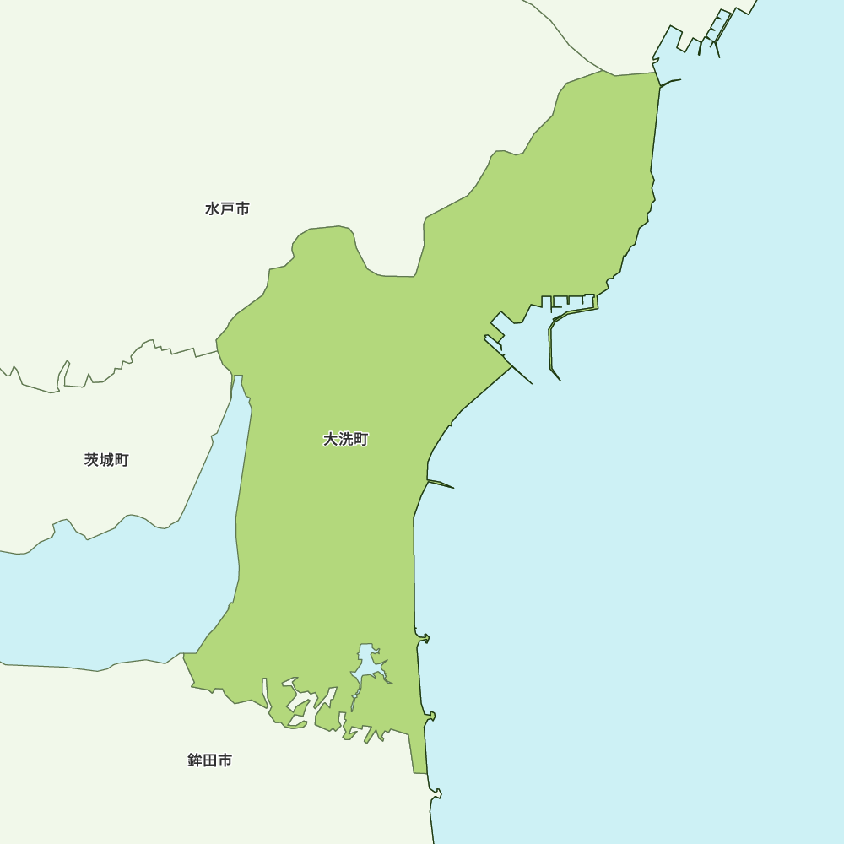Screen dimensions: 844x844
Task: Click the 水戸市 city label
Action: (x=227, y=208)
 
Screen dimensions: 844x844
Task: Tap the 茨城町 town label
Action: (x=106, y=460)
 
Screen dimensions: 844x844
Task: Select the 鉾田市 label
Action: (x=209, y=760)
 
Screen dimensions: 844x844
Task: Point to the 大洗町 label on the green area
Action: (x=345, y=440)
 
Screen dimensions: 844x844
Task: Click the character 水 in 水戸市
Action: (x=213, y=208)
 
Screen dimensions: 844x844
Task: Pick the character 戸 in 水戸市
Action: (x=227, y=208)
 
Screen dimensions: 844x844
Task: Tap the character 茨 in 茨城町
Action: (x=92, y=460)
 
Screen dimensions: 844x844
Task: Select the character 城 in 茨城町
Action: (x=106, y=460)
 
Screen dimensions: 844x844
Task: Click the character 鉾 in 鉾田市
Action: (x=195, y=760)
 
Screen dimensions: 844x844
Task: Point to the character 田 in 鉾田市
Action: (x=209, y=760)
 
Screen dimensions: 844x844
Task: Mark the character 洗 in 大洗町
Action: (x=345, y=440)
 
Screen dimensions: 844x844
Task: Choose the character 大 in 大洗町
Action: (x=331, y=440)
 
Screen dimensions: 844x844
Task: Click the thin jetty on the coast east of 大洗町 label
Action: (x=441, y=484)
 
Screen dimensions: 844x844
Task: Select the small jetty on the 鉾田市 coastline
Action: (x=436, y=793)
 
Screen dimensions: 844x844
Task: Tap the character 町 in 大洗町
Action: (x=360, y=440)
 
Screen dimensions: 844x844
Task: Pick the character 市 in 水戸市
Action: (x=242, y=208)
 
